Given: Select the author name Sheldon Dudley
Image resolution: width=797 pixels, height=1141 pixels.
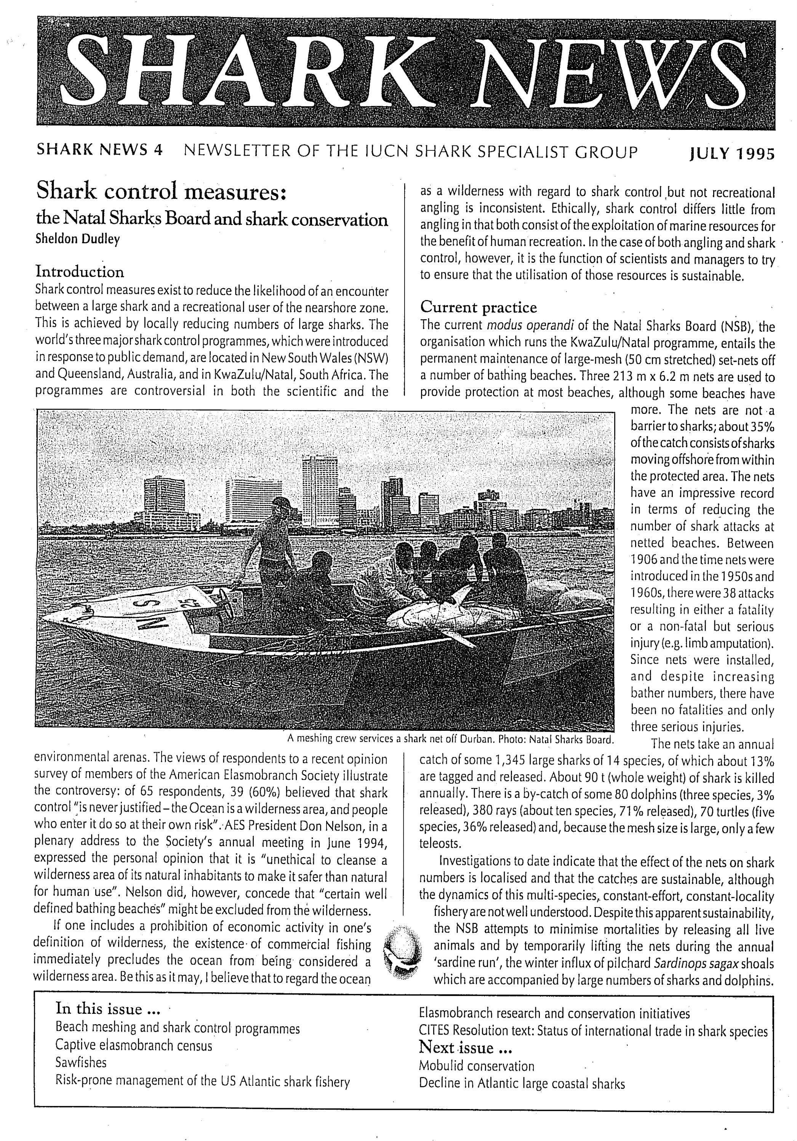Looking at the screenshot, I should pos(78,239).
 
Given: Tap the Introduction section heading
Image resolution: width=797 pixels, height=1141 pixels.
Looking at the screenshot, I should pos(80,272).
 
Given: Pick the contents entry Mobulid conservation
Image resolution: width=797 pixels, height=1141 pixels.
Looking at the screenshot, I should pos(476,1066).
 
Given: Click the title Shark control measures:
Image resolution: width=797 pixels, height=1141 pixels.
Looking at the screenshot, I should pos(161,192).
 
